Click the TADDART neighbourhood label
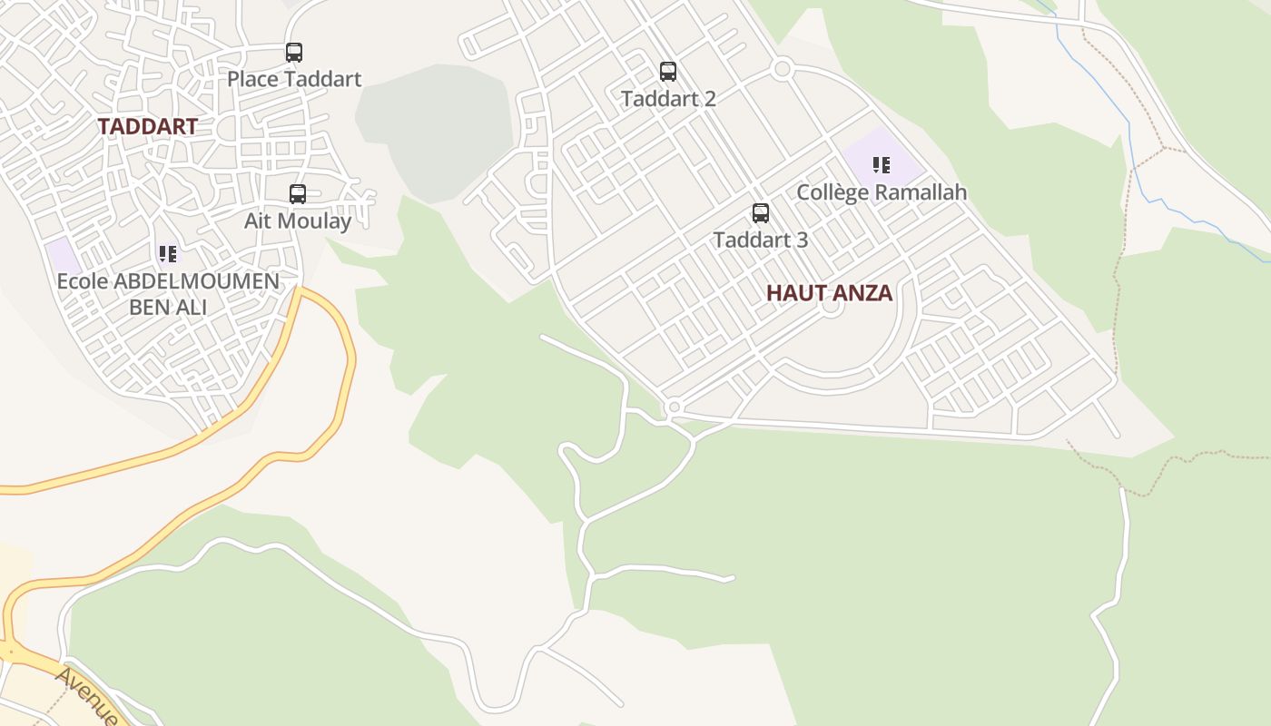click(x=147, y=126)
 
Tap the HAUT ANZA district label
click(x=829, y=293)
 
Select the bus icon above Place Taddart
click(x=294, y=53)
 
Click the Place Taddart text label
click(x=294, y=79)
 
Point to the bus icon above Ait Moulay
click(x=298, y=193)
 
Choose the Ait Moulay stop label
click(x=298, y=221)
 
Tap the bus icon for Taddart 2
click(x=668, y=71)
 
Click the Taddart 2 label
click(x=668, y=98)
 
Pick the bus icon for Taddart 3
click(x=761, y=213)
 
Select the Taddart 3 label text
click(x=761, y=240)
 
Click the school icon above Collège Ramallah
click(x=882, y=165)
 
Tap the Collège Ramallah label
click(x=882, y=192)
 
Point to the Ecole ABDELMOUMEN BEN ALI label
click(x=168, y=294)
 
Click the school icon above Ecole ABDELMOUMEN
click(x=168, y=253)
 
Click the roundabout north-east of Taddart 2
click(x=783, y=68)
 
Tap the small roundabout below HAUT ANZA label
click(x=830, y=309)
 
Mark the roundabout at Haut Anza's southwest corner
click(x=673, y=408)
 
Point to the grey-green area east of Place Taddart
click(x=436, y=127)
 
